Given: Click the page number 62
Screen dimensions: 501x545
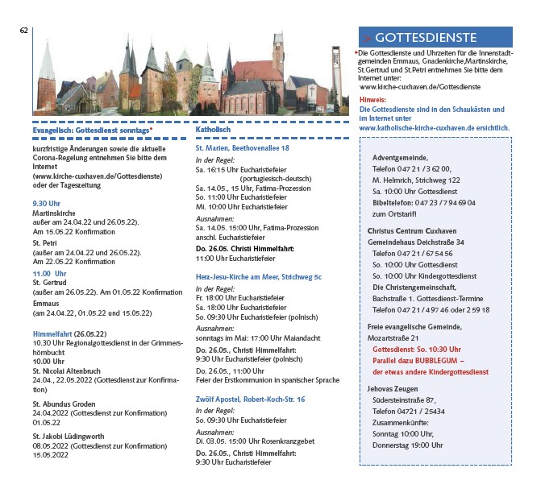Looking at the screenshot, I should (x=24, y=30).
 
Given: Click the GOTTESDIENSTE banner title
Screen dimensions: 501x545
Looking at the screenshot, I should (x=425, y=38).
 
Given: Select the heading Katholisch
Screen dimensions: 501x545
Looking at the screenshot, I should (x=214, y=129).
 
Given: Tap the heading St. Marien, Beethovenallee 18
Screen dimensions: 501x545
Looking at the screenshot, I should (x=242, y=149).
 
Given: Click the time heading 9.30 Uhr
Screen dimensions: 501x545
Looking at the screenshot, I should (x=46, y=203).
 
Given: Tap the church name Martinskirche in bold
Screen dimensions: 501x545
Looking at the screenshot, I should (x=53, y=213).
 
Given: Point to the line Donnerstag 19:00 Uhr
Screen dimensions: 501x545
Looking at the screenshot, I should (x=407, y=445).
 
